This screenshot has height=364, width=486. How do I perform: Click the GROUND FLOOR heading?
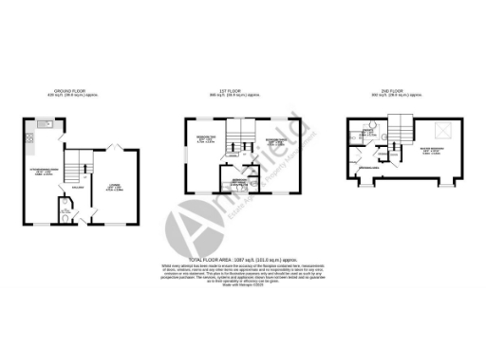(66, 92)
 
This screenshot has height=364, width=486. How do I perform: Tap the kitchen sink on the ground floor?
(44, 125)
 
